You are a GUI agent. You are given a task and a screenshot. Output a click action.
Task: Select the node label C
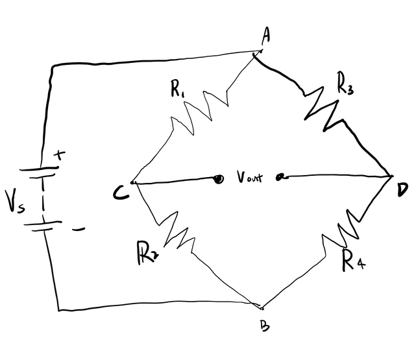point(119,190)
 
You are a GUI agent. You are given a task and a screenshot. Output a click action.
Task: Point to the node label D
point(402,189)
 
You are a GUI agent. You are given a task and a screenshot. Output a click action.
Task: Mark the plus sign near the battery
point(60,155)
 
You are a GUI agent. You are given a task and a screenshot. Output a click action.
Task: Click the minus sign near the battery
point(78,229)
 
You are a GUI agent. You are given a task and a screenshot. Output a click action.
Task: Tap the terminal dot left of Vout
point(219,178)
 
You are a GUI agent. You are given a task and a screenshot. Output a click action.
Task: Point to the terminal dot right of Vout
point(280,176)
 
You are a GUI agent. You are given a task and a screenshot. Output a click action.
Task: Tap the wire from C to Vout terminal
point(175,181)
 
